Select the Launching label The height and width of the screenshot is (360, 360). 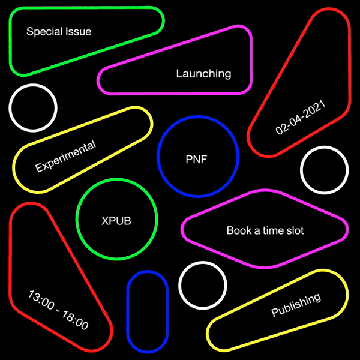pyautogui.click(x=203, y=74)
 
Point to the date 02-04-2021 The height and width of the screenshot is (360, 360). pyautogui.click(x=301, y=117)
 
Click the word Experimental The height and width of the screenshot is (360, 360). pyautogui.click(x=65, y=156)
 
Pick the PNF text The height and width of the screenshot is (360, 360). pyautogui.click(x=196, y=160)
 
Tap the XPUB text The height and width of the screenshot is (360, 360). pyautogui.click(x=116, y=221)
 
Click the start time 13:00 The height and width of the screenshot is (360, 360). pyautogui.click(x=41, y=300)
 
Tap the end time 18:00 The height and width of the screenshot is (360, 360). pyautogui.click(x=76, y=320)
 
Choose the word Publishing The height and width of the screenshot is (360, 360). pyautogui.click(x=296, y=305)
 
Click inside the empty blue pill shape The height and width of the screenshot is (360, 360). pyautogui.click(x=148, y=311)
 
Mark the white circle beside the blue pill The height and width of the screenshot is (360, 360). pyautogui.click(x=203, y=262)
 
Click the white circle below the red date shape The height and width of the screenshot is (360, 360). pyautogui.click(x=324, y=146)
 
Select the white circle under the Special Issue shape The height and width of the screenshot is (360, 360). pyautogui.click(x=33, y=84)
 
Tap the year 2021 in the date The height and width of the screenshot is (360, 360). pyautogui.click(x=316, y=109)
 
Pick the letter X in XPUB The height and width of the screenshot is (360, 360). pyautogui.click(x=105, y=221)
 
